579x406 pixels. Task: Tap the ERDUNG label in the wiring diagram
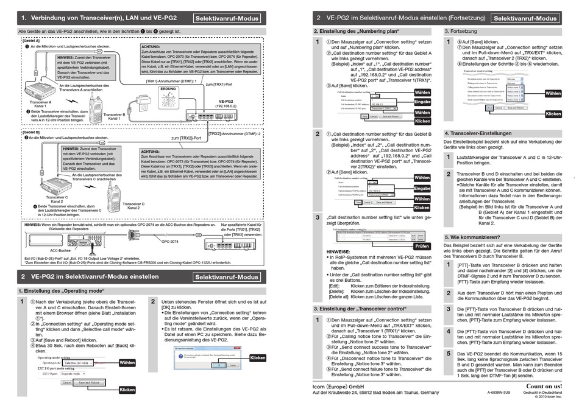pos(151,89)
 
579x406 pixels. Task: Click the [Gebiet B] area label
pos(23,131)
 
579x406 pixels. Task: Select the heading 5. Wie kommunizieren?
pos(472,237)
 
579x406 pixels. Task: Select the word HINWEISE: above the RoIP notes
pos(338,251)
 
